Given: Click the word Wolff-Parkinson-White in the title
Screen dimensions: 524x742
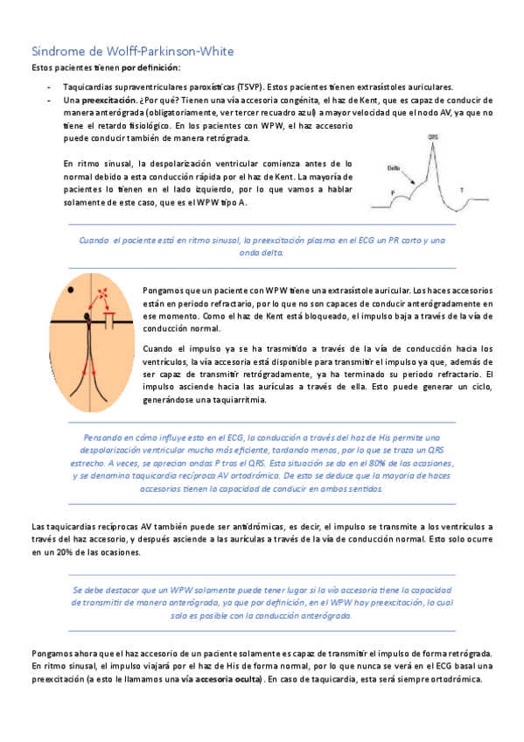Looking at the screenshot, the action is click(165, 51).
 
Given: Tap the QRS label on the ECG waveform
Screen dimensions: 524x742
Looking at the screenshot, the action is click(434, 137).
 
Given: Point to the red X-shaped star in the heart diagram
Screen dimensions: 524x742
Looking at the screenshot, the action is click(105, 300).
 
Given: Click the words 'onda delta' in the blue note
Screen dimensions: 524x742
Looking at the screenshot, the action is click(262, 252).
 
